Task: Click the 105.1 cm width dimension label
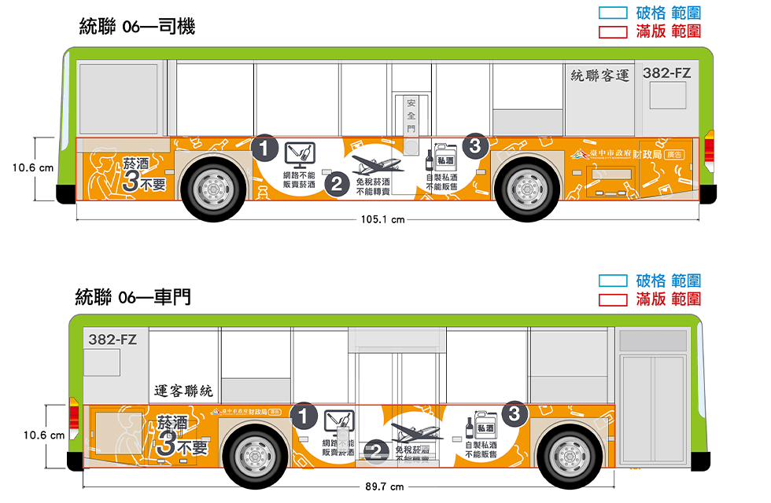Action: pos(383,219)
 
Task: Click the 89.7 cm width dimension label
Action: pos(384,486)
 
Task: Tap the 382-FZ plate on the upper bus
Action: pos(666,73)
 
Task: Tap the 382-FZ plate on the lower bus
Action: pos(113,340)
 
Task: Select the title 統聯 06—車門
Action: pos(133,297)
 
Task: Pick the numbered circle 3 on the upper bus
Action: pos(474,145)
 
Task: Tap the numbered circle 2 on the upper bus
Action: pos(337,185)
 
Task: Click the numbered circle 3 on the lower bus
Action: pos(514,413)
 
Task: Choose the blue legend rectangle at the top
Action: pos(613,13)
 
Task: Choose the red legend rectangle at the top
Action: pos(613,31)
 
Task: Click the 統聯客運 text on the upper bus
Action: pos(600,75)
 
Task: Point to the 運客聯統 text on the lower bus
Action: pos(184,391)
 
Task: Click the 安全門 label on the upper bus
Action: pos(411,116)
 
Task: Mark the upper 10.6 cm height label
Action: pos(33,167)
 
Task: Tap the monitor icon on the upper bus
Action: pos(300,154)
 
